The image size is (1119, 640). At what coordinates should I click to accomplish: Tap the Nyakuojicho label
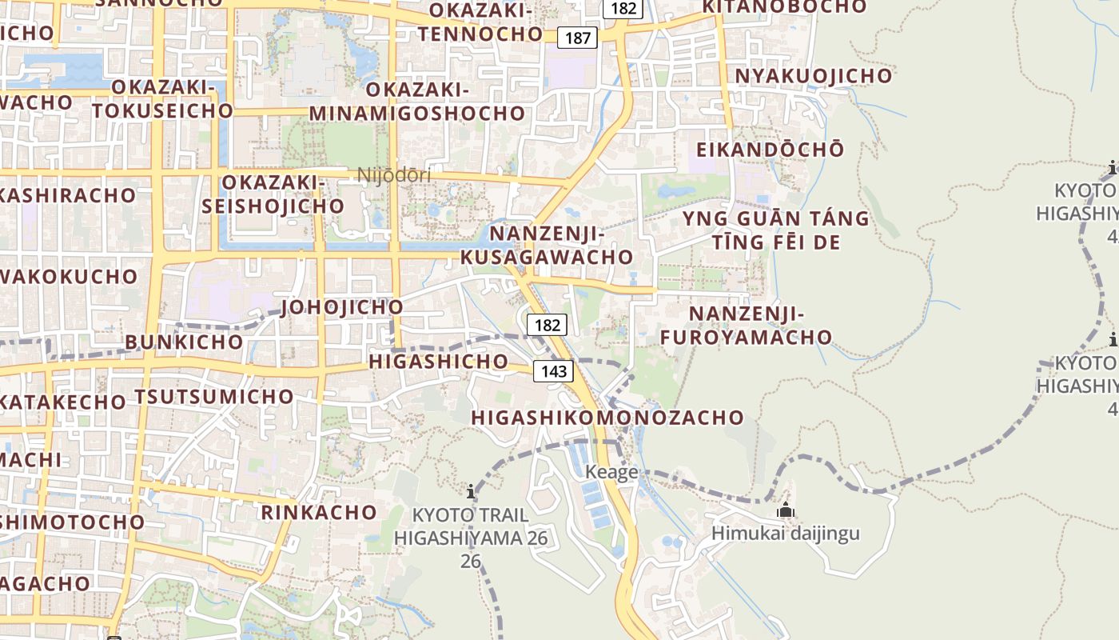(x=813, y=76)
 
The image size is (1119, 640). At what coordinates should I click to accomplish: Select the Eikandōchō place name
(x=770, y=150)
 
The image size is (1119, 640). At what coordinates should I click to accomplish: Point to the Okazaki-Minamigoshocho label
(x=416, y=101)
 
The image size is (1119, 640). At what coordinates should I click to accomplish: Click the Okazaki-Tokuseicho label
(x=162, y=98)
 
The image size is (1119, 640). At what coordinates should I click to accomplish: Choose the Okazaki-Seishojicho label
(x=273, y=194)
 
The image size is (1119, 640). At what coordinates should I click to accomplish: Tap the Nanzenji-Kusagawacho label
(x=547, y=245)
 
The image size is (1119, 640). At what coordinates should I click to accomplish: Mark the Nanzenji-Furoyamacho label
(x=747, y=325)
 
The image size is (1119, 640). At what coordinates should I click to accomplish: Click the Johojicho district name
(x=342, y=307)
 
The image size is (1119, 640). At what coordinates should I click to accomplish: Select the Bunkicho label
(x=184, y=342)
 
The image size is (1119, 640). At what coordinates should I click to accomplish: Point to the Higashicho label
(x=438, y=362)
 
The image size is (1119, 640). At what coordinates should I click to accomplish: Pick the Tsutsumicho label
(x=214, y=397)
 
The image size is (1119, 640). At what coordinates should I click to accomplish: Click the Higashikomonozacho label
(x=607, y=418)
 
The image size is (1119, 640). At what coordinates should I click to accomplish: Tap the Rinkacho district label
(x=319, y=512)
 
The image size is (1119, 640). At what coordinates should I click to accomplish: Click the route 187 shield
(x=577, y=38)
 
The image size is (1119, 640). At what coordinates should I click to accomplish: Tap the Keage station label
(x=611, y=472)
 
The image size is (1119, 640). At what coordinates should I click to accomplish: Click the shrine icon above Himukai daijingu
(x=786, y=510)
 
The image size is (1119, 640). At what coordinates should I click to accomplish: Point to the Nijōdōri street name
(x=394, y=175)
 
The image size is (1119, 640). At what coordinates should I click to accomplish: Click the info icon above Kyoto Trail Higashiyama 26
(x=471, y=490)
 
